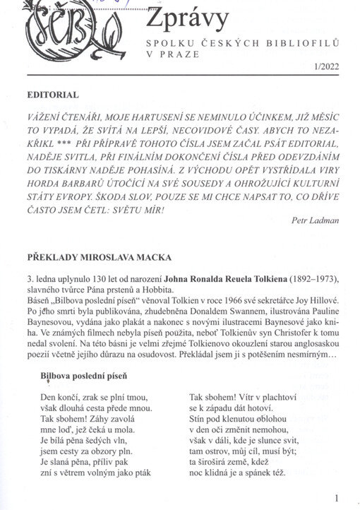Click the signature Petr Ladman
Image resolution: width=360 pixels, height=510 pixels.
(x=316, y=220)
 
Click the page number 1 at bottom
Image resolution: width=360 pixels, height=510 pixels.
(x=337, y=497)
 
